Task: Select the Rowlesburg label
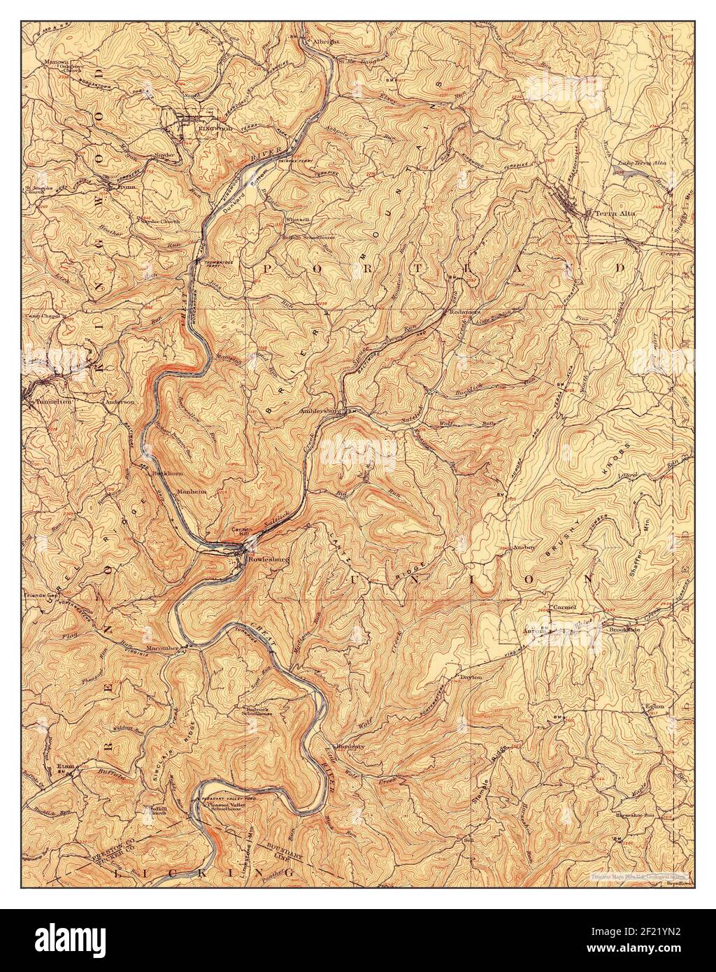[271, 559]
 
